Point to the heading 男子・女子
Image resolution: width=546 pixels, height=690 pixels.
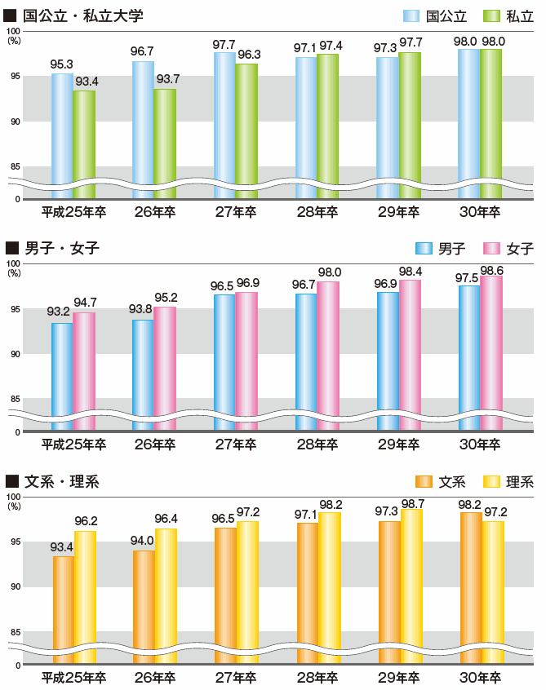62,248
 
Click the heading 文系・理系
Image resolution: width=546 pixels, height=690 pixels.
62,481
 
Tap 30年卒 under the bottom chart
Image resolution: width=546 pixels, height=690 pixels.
480,677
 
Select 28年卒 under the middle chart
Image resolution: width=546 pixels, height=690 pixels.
317,445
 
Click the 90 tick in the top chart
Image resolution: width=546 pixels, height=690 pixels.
14,121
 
